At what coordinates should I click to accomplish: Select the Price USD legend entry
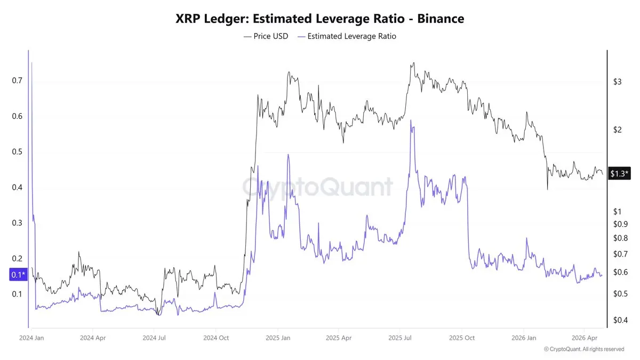266,36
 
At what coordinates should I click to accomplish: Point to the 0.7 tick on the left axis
17,81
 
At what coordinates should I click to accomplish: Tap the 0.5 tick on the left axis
17,152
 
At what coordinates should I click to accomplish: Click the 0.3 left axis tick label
17,223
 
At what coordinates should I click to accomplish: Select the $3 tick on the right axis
617,82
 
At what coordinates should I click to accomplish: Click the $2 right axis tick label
617,130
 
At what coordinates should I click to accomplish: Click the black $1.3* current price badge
619,174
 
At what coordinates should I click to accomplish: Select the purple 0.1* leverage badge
17,275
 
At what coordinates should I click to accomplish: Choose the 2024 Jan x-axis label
31,338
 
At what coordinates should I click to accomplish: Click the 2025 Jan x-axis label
278,338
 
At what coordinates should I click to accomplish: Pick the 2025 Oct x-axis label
462,338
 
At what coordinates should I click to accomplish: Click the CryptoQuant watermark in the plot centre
318,187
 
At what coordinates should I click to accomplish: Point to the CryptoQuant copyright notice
584,349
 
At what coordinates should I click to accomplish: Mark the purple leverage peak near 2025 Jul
411,121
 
